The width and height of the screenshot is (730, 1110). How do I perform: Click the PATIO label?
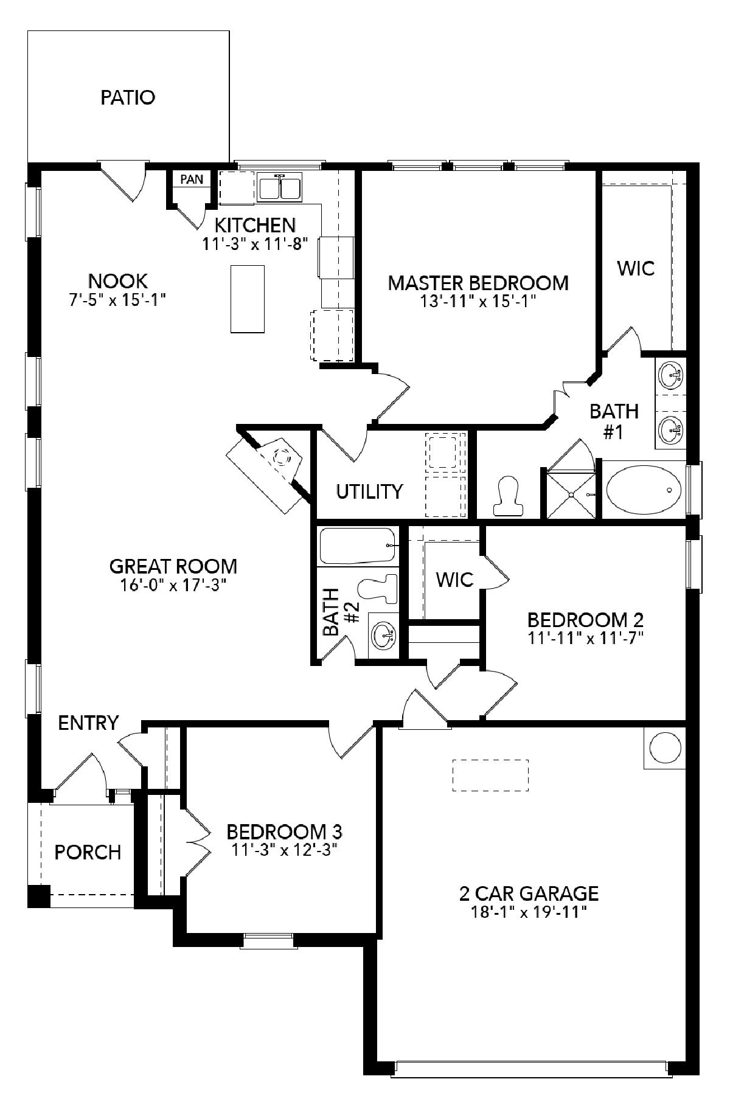pos(128,97)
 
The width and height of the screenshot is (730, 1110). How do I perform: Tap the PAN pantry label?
pos(192,179)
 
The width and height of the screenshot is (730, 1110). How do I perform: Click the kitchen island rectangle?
pos(248,299)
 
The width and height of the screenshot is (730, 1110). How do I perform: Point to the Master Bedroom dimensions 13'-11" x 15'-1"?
pos(478,302)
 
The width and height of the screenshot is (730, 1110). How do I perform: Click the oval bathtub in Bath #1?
pos(643,490)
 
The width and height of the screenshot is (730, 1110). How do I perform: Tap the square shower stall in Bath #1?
pos(571,494)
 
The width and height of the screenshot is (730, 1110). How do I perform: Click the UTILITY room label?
pos(369,491)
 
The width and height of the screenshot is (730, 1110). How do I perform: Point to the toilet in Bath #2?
pos(377,589)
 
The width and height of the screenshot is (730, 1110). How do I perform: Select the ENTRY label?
pos(88,723)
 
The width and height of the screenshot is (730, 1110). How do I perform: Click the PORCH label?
pos(88,852)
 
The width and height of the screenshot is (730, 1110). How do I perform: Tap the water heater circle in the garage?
pos(664,747)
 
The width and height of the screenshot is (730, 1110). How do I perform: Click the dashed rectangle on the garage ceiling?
pos(490,775)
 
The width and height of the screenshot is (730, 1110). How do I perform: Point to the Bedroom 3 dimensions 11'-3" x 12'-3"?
pos(285,849)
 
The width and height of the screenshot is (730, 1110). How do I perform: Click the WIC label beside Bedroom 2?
pos(454,580)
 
